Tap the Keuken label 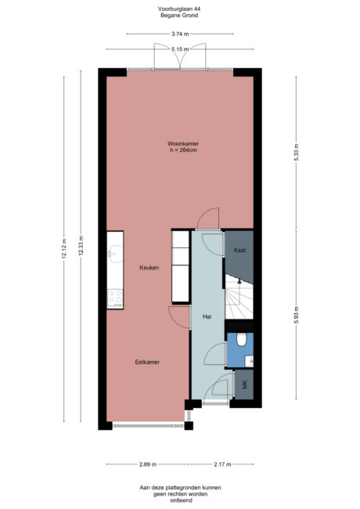point(149,268)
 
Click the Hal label point(207,317)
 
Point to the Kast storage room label point(239,250)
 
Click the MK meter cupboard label point(244,384)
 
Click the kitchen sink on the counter point(115,252)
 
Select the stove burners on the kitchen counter point(115,298)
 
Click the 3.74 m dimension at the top point(180,34)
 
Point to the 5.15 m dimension point(180,49)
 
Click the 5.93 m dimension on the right point(296,315)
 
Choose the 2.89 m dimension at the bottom point(148,464)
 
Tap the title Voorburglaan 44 point(180,9)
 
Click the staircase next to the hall point(239,299)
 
